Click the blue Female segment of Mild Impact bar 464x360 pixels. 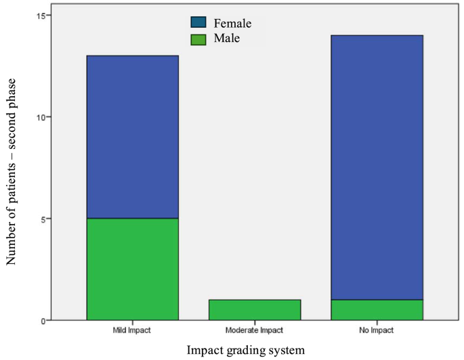point(132,137)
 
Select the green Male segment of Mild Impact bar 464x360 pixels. point(132,269)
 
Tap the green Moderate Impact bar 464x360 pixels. point(255,310)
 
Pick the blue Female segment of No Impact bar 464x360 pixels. point(377,167)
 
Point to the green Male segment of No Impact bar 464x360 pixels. point(377,310)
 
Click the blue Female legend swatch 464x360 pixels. point(198,24)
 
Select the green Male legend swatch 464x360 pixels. point(198,39)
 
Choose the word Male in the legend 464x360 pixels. point(227,39)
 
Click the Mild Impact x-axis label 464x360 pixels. point(132,331)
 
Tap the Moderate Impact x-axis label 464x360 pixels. point(255,331)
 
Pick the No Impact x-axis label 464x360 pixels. point(377,331)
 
